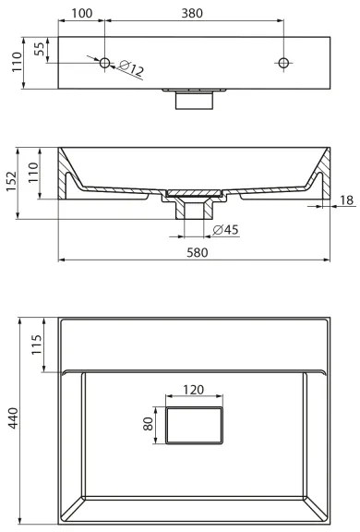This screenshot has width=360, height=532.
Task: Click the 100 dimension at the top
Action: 81,13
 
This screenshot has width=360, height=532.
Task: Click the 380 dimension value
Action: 192,13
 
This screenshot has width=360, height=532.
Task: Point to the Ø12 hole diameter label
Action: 131,71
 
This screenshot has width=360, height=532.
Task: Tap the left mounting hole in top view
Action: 104,63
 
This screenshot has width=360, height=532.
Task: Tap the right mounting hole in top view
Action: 282,63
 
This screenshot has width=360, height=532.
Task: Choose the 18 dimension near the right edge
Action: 345,200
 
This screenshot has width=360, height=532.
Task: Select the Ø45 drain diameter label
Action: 226,229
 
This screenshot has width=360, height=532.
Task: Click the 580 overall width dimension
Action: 195,251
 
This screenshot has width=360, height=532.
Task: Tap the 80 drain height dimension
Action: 148,425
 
